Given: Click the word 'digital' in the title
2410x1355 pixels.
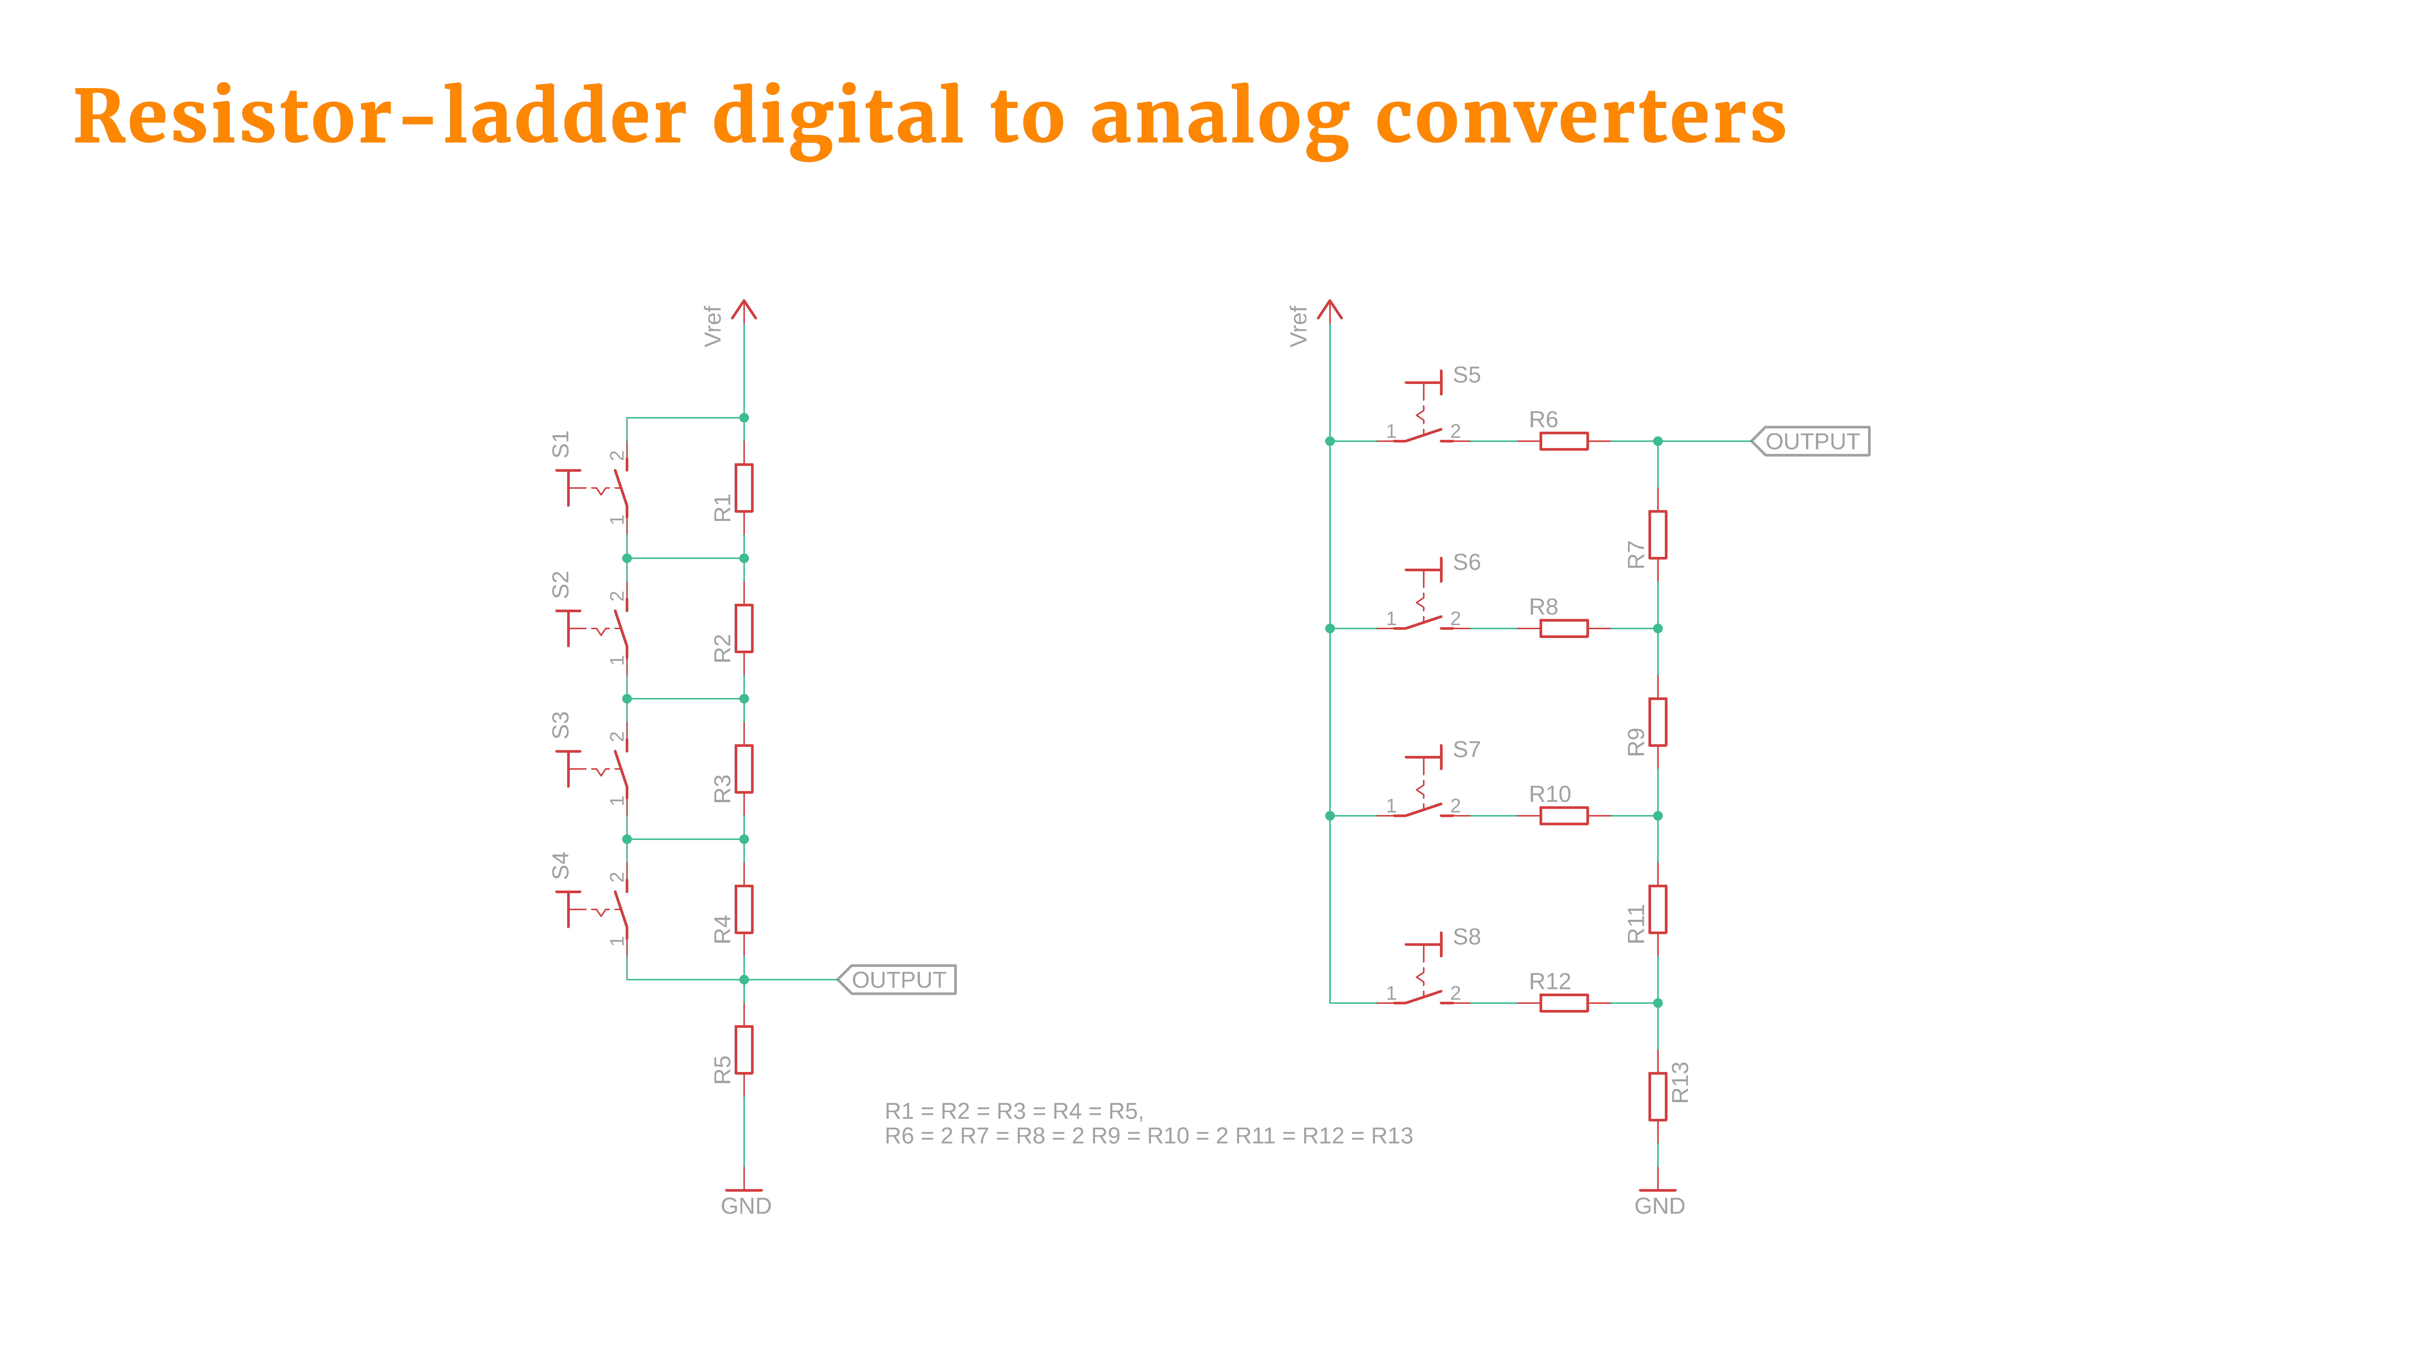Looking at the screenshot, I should (x=837, y=117).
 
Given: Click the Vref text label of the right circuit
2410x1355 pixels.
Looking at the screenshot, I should (x=1298, y=325).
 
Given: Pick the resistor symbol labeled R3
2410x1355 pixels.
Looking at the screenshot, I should (x=744, y=769).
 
